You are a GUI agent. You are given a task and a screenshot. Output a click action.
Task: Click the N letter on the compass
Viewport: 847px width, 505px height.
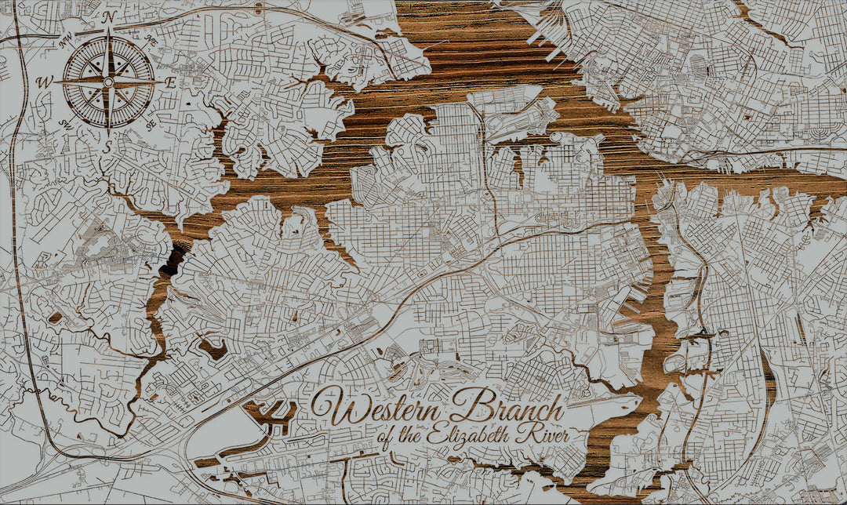(x=110, y=16)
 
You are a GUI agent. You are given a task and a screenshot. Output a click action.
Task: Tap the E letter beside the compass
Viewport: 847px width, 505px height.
(x=170, y=82)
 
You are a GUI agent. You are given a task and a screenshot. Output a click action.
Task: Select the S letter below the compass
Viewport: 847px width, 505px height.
(x=109, y=147)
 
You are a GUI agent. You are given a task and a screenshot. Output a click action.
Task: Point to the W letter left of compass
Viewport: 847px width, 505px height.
(x=45, y=82)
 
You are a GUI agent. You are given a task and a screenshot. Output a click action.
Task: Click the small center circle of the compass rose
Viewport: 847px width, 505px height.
(x=108, y=82)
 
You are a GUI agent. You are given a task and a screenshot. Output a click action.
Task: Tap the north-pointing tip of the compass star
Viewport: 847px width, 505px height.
(x=108, y=29)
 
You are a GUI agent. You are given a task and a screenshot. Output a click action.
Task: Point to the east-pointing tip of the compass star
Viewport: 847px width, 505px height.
(x=162, y=82)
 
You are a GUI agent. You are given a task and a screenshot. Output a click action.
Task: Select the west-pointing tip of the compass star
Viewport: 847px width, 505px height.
(x=55, y=82)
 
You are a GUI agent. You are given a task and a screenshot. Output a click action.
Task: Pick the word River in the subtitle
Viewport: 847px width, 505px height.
(x=546, y=435)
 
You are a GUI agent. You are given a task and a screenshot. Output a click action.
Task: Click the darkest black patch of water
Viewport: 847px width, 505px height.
(x=173, y=259)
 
